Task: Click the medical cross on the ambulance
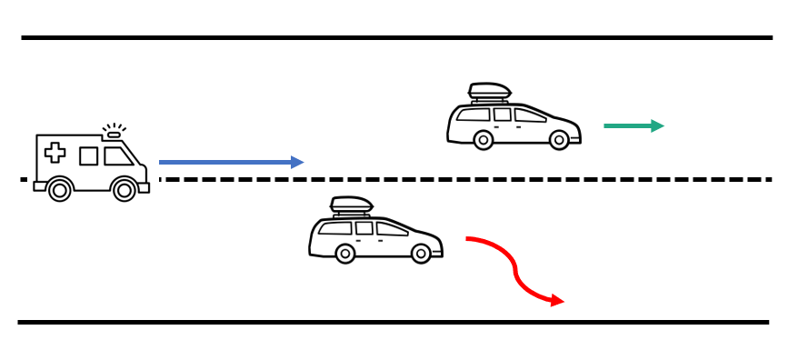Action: [55, 153]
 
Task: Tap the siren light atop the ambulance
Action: [113, 135]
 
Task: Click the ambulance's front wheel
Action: [125, 190]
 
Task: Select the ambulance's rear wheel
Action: [59, 190]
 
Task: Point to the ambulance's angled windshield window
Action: [117, 156]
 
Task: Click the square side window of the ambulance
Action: [88, 156]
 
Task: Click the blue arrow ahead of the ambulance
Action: [227, 163]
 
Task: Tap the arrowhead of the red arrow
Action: [556, 301]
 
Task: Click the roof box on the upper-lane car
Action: [489, 91]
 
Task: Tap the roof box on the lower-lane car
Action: [352, 205]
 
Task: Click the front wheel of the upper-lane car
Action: [559, 140]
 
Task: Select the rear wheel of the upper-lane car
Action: [484, 140]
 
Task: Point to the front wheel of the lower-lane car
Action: [421, 254]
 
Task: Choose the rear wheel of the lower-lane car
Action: [345, 254]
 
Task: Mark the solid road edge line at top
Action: [396, 37]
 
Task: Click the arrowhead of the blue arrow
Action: [297, 163]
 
